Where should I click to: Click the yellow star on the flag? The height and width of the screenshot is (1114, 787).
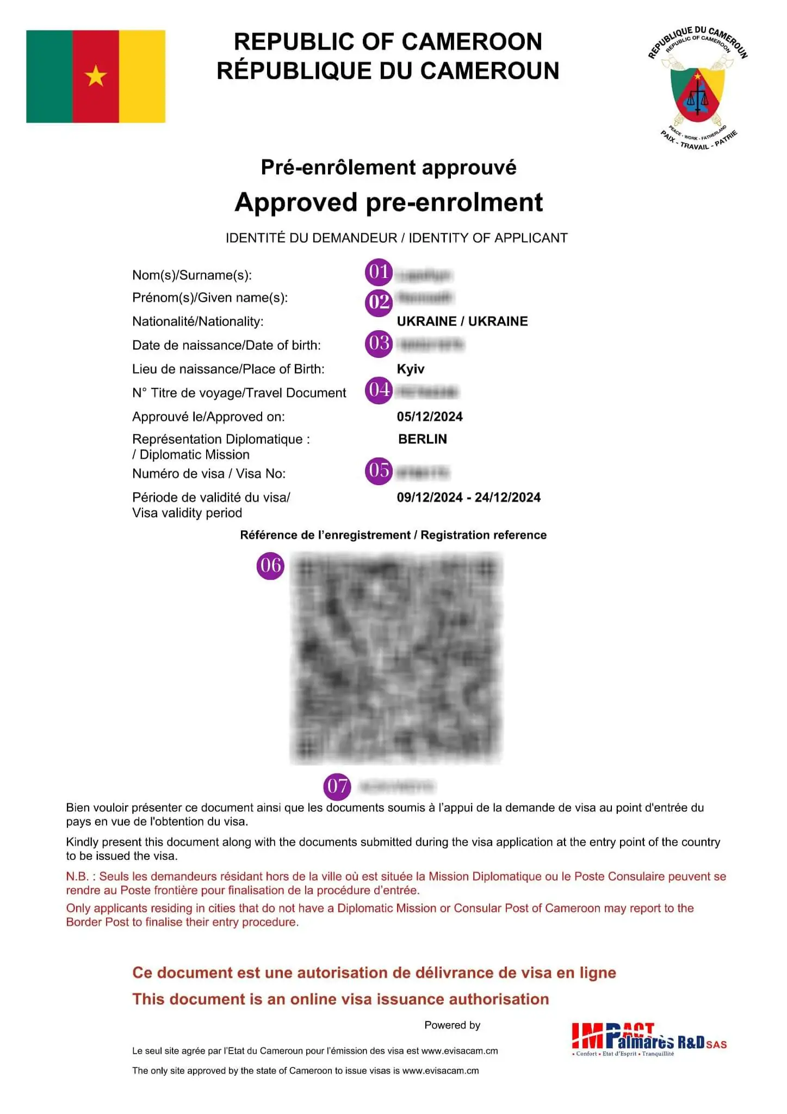tap(96, 76)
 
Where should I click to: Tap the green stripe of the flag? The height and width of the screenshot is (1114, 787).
tap(49, 76)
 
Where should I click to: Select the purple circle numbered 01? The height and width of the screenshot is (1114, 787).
tap(379, 272)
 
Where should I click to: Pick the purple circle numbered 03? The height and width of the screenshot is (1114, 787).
tap(379, 344)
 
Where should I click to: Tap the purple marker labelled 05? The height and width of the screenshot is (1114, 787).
tap(379, 471)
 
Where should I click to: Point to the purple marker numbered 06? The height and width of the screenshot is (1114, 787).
tap(270, 566)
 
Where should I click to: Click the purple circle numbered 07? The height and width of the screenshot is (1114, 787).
tap(337, 787)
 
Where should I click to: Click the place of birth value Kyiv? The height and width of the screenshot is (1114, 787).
tap(411, 369)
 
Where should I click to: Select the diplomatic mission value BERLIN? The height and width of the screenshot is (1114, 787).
tap(423, 439)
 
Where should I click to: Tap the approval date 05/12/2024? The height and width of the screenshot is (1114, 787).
tap(430, 417)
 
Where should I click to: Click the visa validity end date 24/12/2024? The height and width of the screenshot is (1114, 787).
tap(507, 497)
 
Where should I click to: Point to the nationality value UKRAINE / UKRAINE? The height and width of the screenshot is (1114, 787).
tap(462, 321)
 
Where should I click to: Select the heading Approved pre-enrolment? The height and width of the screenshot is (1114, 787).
tap(389, 202)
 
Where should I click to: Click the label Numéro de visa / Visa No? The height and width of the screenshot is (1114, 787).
tap(209, 473)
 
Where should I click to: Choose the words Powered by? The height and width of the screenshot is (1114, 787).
tap(452, 1025)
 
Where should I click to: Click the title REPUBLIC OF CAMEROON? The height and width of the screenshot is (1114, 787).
tap(388, 42)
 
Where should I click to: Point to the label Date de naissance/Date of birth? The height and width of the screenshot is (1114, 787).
tap(226, 345)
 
